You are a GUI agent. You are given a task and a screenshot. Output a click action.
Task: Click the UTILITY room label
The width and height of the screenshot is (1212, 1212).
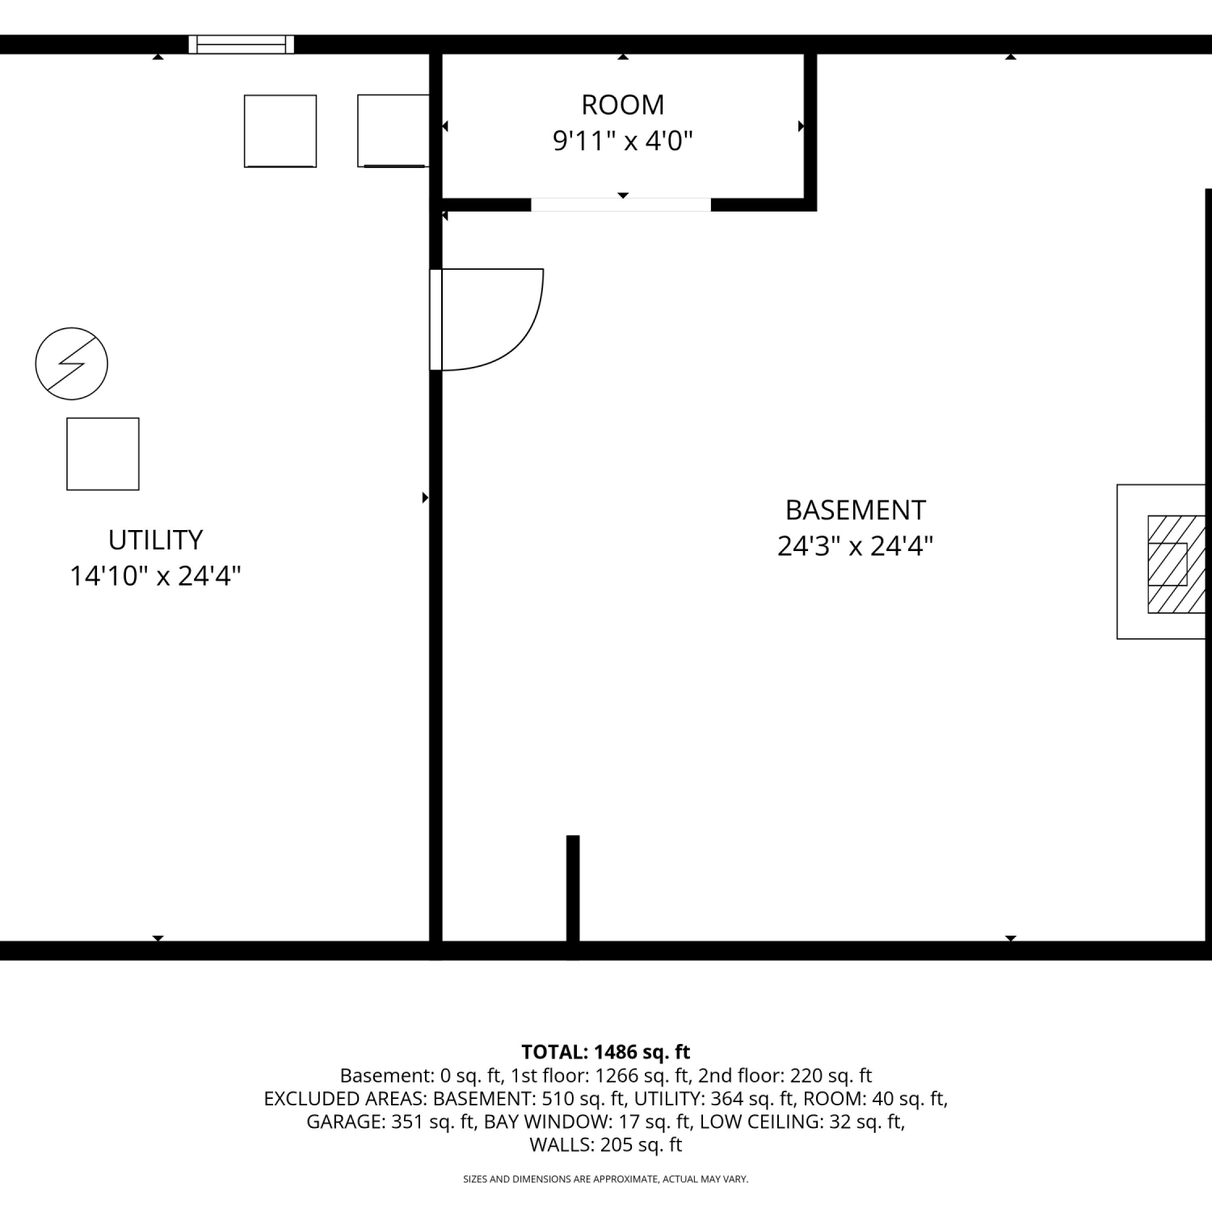pos(155,540)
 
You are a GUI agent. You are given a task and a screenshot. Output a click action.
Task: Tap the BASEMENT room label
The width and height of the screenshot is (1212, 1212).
pos(856,510)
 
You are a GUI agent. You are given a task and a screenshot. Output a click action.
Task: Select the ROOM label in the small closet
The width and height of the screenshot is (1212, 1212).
pos(623,104)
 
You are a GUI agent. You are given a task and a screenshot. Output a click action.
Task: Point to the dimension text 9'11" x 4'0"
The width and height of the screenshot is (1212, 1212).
pos(623,141)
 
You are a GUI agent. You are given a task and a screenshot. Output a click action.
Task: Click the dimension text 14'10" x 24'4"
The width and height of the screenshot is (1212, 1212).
pos(155,576)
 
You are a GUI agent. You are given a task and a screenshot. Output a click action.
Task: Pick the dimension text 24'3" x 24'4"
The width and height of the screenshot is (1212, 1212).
pos(856,546)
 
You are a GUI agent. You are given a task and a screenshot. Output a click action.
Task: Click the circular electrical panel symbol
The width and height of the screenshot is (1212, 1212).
pos(72,364)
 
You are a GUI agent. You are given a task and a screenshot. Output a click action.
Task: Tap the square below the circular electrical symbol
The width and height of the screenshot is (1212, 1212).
pos(103,454)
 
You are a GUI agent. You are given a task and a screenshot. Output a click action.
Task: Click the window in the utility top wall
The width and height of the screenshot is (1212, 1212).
pos(242,44)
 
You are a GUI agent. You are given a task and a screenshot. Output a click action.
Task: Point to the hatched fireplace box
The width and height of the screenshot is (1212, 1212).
pos(1176,564)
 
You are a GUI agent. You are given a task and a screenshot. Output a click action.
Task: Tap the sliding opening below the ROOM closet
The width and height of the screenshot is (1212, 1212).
pos(621,204)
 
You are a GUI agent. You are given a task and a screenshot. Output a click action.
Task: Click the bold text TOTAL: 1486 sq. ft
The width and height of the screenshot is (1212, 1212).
pos(606,1052)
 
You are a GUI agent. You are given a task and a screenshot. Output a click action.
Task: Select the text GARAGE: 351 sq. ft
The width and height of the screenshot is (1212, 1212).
pos(390,1122)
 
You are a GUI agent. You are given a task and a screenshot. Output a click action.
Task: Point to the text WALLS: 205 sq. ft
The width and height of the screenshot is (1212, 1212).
pos(606,1145)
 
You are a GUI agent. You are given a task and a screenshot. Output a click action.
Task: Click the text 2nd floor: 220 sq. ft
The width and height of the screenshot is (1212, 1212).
pos(785,1075)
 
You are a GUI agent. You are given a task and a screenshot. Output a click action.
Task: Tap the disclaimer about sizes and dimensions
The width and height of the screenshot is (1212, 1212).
pos(606,1180)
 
